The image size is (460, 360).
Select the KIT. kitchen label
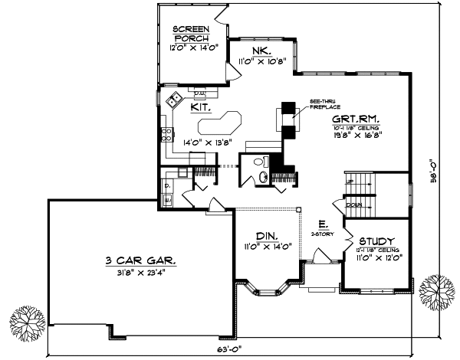pos(202,109)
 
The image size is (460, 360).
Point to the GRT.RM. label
pos(353,120)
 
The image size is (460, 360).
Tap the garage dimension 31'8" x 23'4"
pos(140,273)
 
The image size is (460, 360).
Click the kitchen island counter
pos(221,122)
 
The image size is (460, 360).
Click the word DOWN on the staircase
pos(353,205)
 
